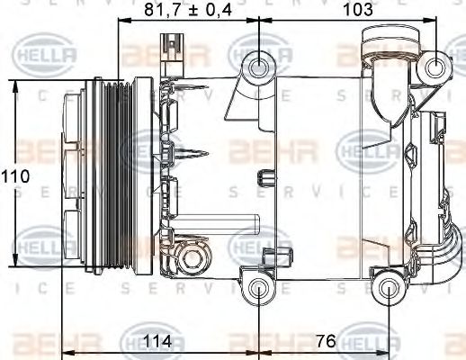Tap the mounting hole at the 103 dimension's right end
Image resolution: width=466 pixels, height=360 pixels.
tap(437, 65)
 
